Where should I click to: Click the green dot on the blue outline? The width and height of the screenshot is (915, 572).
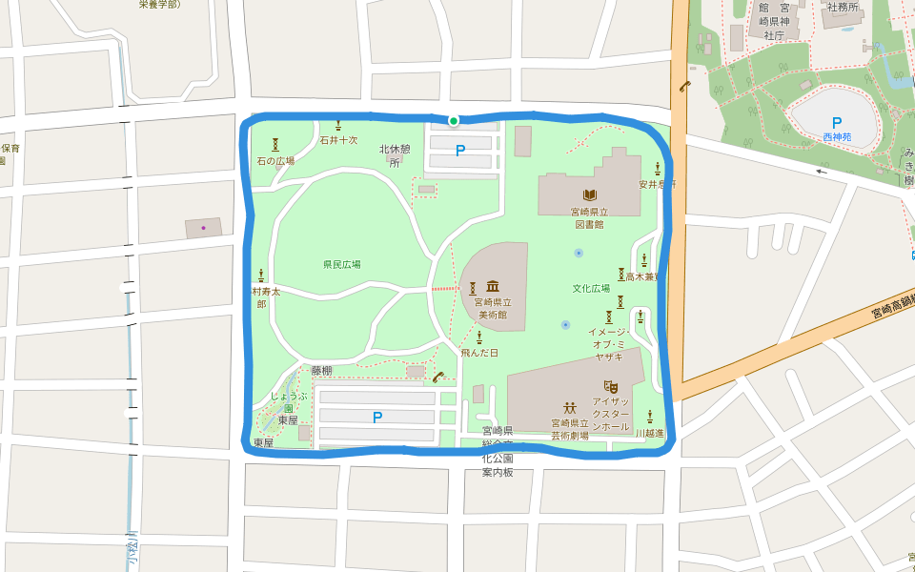click(454, 121)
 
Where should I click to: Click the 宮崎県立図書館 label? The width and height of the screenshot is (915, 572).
click(589, 218)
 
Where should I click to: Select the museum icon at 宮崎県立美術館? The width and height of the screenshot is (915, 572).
click(493, 287)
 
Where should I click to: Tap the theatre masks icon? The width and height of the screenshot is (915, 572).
click(611, 386)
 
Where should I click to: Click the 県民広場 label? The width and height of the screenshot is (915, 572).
click(341, 264)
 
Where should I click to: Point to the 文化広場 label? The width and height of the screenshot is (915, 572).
click(590, 288)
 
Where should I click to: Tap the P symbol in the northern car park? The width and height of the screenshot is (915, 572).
click(460, 151)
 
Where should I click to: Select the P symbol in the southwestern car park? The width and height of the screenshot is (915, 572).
click(377, 417)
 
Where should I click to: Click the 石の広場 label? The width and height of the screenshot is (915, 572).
click(275, 161)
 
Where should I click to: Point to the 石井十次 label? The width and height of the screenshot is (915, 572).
click(338, 140)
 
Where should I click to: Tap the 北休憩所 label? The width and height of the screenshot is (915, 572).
click(395, 155)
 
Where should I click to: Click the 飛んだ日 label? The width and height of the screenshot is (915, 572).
click(479, 353)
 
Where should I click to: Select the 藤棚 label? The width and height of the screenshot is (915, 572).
click(321, 370)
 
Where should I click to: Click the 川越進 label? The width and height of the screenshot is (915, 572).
click(650, 433)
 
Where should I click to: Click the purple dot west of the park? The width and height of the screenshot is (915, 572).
click(203, 228)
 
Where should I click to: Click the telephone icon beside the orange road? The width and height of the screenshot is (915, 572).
click(684, 85)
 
